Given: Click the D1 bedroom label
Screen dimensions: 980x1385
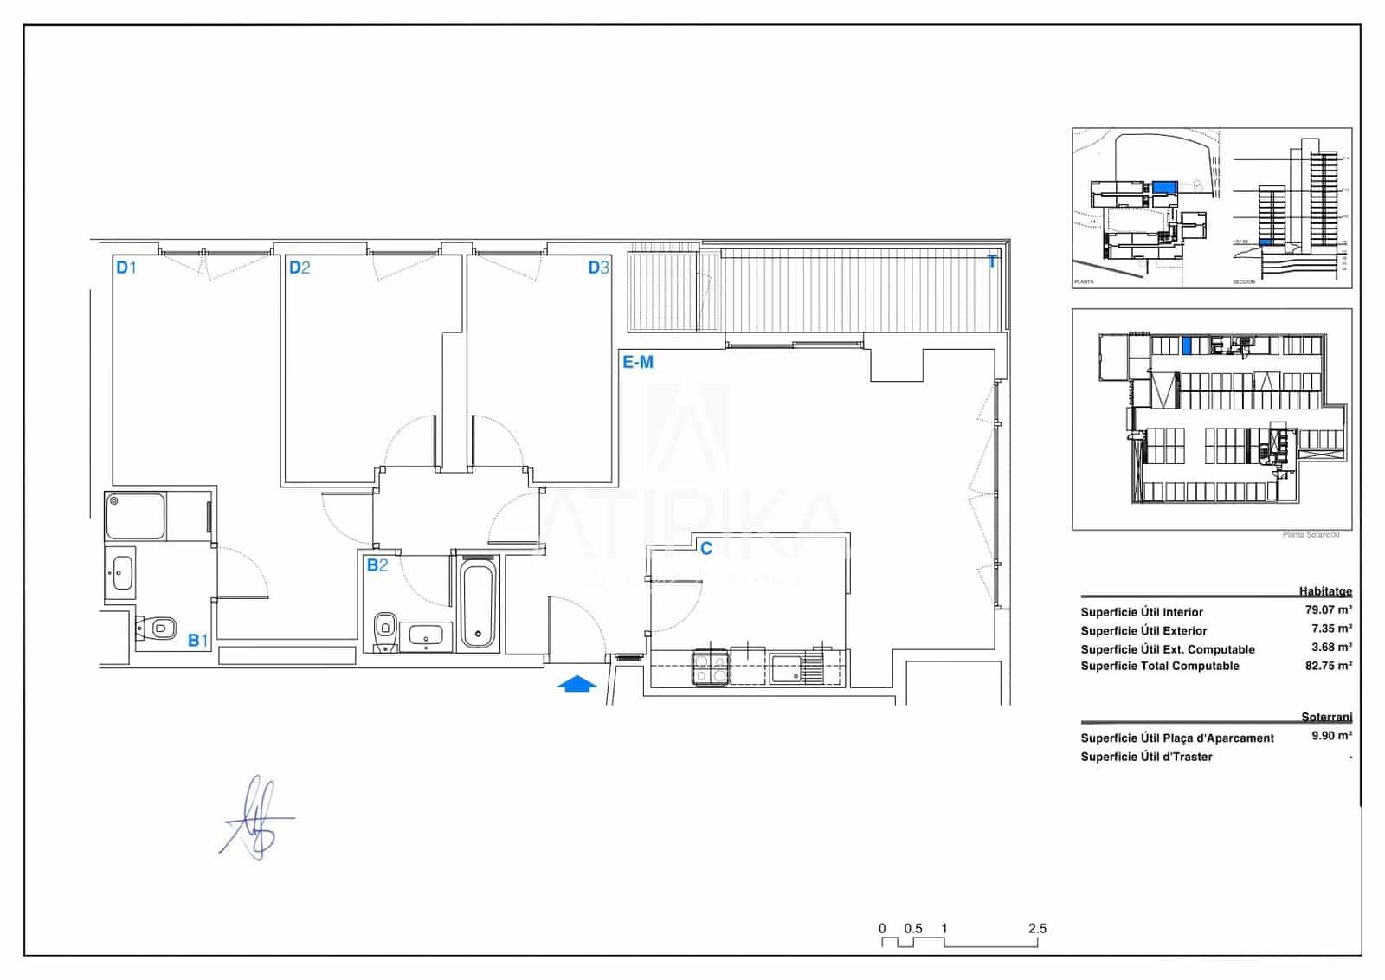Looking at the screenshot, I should [126, 268].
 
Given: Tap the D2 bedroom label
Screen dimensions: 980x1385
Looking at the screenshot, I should [300, 268].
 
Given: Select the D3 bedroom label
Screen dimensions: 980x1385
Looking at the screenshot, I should [599, 268].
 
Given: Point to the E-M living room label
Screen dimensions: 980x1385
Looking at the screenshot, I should [638, 363].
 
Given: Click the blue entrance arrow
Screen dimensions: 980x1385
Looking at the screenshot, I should [577, 685].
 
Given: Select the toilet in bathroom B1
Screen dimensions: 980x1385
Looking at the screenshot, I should [158, 628].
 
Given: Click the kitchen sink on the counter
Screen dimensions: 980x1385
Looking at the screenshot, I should [787, 668].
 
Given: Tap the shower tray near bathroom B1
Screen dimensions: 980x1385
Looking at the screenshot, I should [135, 516].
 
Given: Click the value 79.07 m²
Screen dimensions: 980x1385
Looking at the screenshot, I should [1328, 610].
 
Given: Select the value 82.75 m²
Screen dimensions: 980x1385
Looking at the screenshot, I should [1328, 666].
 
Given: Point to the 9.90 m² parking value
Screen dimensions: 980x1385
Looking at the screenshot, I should [1330, 736].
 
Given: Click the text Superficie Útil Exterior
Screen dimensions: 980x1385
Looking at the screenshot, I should [1143, 631].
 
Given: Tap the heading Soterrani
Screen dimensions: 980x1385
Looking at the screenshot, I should [1326, 717].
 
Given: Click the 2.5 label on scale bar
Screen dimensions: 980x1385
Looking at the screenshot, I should [1037, 928].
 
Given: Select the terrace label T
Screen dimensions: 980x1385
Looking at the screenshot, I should [992, 261].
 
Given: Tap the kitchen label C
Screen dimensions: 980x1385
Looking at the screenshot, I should [705, 549].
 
